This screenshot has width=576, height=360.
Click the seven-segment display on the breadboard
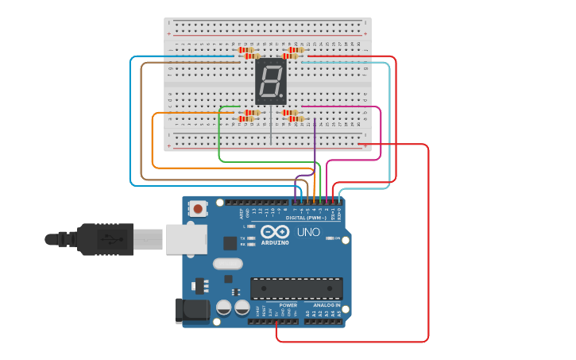click(270, 82)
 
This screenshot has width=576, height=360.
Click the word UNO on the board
click(308, 232)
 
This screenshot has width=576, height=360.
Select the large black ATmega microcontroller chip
click(296, 288)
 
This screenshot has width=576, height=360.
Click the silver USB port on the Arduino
click(186, 238)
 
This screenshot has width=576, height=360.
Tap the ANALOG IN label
click(326, 304)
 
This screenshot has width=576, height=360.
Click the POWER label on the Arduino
click(288, 304)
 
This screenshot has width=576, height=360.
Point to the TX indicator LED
click(251, 238)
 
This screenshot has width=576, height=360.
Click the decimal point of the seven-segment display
click(281, 97)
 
